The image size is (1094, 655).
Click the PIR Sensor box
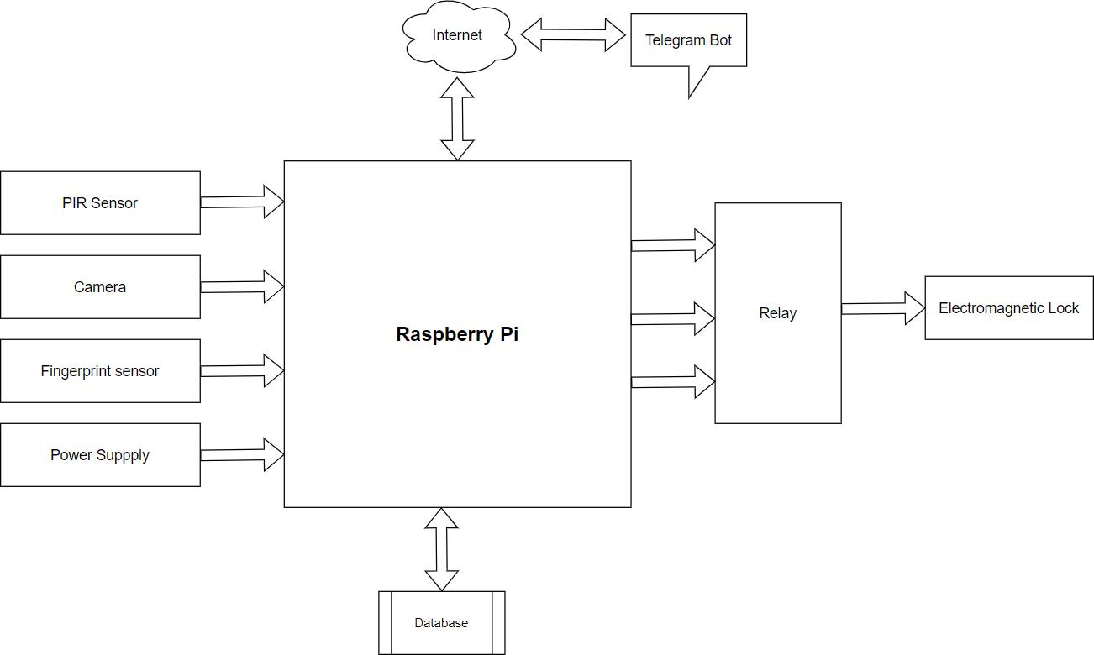point(100,203)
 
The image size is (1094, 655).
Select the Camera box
point(100,287)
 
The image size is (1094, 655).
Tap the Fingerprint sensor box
point(100,371)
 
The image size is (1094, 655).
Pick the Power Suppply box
point(100,455)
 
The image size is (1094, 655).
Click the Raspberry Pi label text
point(457,334)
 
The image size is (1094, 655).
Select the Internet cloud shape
point(457,36)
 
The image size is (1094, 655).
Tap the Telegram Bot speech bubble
point(688,40)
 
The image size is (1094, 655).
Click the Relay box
point(777,313)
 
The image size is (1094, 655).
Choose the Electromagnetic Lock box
point(1008,308)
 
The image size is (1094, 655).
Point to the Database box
point(441,623)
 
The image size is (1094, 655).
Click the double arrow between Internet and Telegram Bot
point(573,35)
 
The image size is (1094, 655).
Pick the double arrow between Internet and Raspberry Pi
point(457,118)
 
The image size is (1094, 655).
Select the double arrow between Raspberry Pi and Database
point(441,549)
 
